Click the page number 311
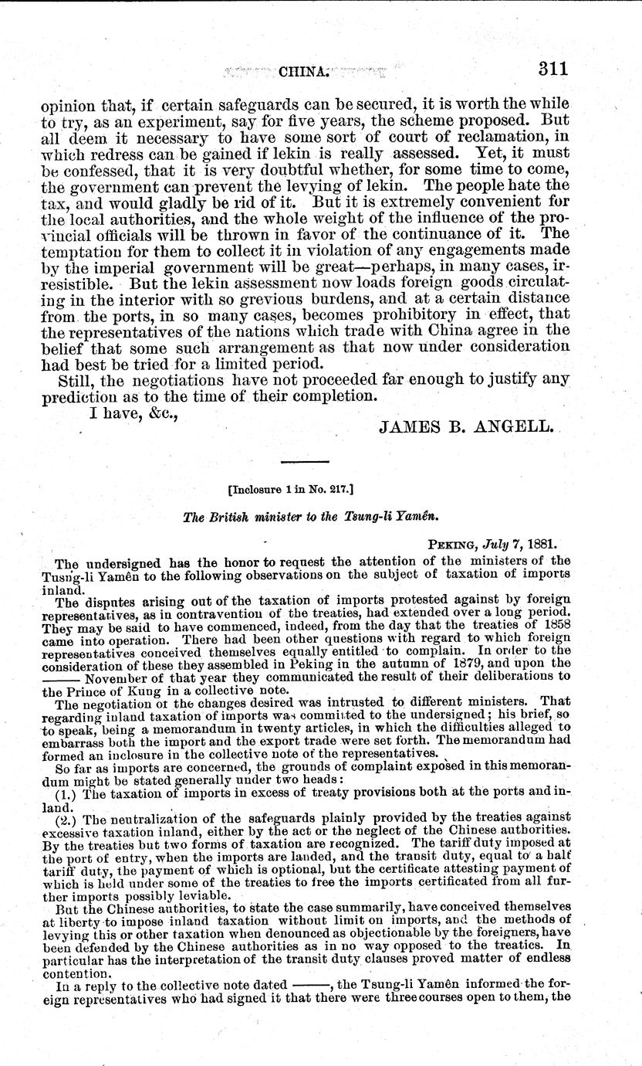coord(553,68)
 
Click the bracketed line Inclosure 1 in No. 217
coord(301,488)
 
